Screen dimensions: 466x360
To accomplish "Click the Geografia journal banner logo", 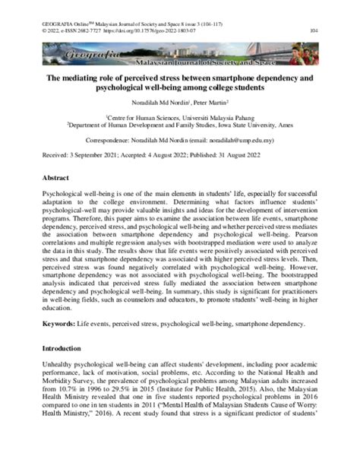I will [180, 55].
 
